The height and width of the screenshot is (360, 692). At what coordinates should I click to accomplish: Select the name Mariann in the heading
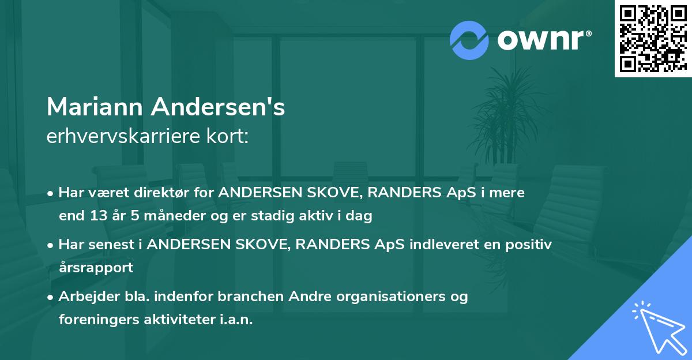(95, 107)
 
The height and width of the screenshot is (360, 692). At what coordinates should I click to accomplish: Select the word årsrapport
(96, 268)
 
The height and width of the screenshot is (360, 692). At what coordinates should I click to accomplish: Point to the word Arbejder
(84, 297)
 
